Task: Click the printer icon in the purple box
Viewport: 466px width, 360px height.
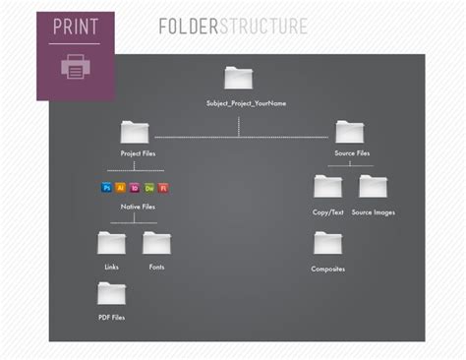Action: (75, 68)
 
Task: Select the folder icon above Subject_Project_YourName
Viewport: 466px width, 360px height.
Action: (239, 78)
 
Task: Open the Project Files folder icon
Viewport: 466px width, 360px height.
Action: (135, 132)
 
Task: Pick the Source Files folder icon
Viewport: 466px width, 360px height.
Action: (350, 132)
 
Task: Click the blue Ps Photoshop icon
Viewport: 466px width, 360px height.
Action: (107, 187)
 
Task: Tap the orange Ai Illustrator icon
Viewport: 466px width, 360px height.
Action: (121, 187)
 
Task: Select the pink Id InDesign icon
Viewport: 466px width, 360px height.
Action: (136, 187)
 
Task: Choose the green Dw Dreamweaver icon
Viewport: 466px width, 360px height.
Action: (149, 187)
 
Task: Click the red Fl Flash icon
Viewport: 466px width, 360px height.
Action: (163, 187)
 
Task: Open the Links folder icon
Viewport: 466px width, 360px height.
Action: (112, 243)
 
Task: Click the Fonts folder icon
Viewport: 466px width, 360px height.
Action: (157, 243)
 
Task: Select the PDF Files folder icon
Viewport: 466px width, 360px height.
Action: (112, 293)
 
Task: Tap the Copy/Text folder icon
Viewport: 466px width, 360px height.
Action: (327, 186)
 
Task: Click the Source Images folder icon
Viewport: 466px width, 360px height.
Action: (373, 186)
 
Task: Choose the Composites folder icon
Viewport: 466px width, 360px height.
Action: (327, 243)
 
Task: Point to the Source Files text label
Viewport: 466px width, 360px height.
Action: (351, 154)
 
